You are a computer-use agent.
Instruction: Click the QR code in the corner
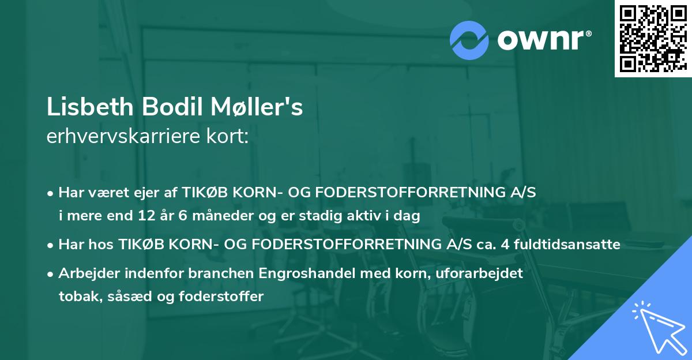tap(653, 38)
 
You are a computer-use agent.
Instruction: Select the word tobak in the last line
tap(75, 297)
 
